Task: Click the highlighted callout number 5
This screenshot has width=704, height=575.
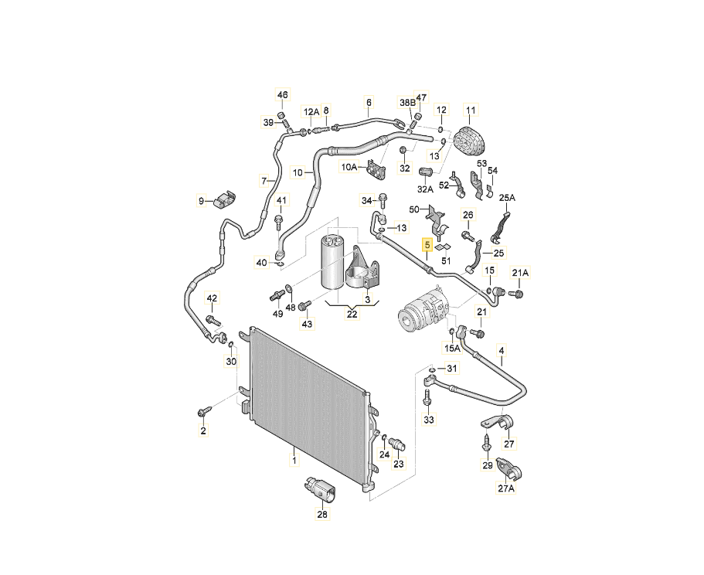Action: coord(427,247)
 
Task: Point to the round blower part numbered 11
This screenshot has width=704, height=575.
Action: coord(470,142)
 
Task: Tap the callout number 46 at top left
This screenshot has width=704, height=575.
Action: coord(282,96)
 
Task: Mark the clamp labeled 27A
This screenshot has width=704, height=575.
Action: coord(507,468)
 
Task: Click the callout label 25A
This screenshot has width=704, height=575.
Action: coord(506,199)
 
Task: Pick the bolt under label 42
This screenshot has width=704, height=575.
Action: coord(213,318)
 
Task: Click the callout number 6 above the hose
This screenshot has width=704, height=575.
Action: coord(369,102)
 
